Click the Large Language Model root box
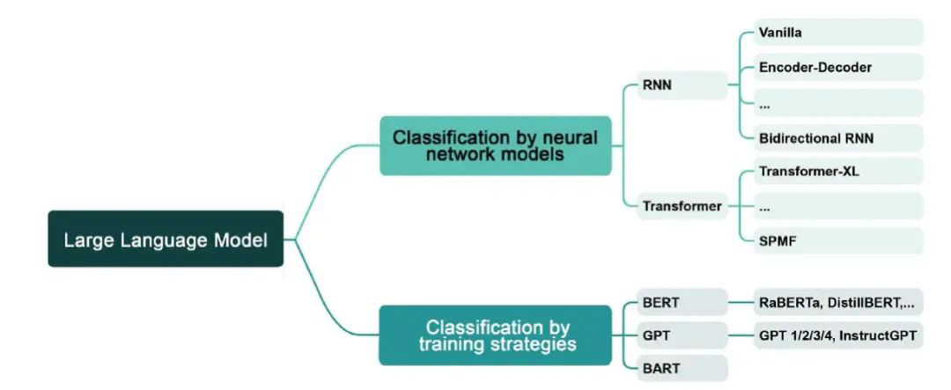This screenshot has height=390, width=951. [x=166, y=239]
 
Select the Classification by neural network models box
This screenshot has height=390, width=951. [x=495, y=145]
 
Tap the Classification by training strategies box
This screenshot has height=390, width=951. [x=495, y=335]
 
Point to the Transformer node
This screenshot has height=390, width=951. [x=682, y=206]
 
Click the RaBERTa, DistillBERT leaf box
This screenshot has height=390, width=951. [x=837, y=303]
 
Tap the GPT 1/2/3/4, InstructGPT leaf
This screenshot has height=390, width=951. [x=837, y=335]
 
